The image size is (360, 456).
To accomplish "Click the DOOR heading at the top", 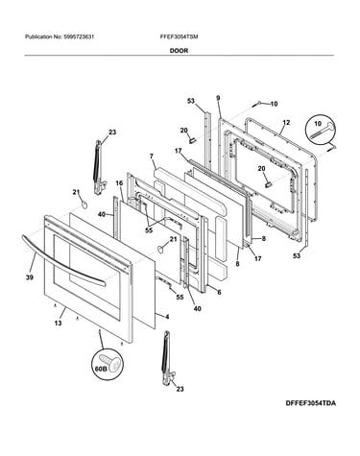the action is pyautogui.click(x=179, y=51).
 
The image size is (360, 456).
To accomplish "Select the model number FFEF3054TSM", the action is pyautogui.click(x=179, y=36).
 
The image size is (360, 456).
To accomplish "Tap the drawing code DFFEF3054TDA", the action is pyautogui.click(x=311, y=403).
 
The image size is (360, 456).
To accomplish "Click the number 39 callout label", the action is pyautogui.click(x=30, y=277).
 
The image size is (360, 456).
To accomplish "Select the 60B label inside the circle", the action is pyautogui.click(x=100, y=369).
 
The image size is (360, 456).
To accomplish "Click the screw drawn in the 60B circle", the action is pyautogui.click(x=110, y=363).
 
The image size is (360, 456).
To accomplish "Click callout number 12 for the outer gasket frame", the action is pyautogui.click(x=286, y=122).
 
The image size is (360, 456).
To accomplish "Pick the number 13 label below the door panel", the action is pyautogui.click(x=58, y=324).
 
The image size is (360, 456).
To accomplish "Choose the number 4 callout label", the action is pyautogui.click(x=167, y=317).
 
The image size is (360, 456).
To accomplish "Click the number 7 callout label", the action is pyautogui.click(x=152, y=156).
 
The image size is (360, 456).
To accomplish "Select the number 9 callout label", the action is pyautogui.click(x=218, y=98).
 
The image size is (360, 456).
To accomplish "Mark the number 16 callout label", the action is pyautogui.click(x=119, y=183).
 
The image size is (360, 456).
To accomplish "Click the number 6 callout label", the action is pyautogui.click(x=219, y=292).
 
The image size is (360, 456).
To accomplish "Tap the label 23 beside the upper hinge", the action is pyautogui.click(x=112, y=132).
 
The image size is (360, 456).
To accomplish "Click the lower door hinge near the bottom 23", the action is pyautogui.click(x=168, y=357).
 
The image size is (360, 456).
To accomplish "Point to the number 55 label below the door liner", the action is pyautogui.click(x=180, y=298).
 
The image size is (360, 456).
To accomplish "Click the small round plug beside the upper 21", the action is pyautogui.click(x=84, y=204).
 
